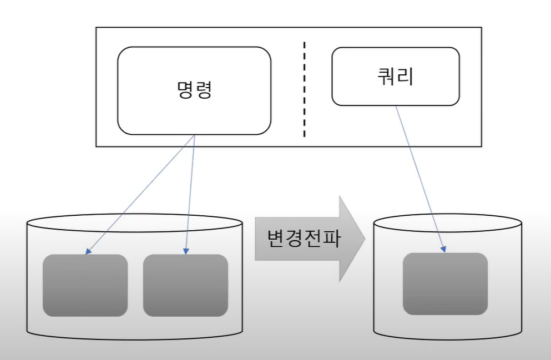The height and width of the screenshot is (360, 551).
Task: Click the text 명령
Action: (x=194, y=90)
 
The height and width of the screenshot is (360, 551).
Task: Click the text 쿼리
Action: (x=395, y=77)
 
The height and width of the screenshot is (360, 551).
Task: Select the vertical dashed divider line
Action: (x=304, y=89)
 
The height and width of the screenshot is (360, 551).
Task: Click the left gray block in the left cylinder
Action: (x=85, y=285)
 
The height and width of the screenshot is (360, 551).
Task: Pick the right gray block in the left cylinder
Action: (x=185, y=285)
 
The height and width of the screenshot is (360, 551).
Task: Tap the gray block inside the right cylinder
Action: (x=445, y=283)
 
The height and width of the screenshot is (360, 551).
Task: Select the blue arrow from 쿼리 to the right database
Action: (x=421, y=178)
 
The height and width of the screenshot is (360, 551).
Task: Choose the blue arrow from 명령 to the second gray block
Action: (x=190, y=194)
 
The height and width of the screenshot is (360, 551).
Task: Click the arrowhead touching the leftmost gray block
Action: (x=87, y=252)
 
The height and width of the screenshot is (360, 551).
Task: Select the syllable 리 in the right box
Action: (x=405, y=77)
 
